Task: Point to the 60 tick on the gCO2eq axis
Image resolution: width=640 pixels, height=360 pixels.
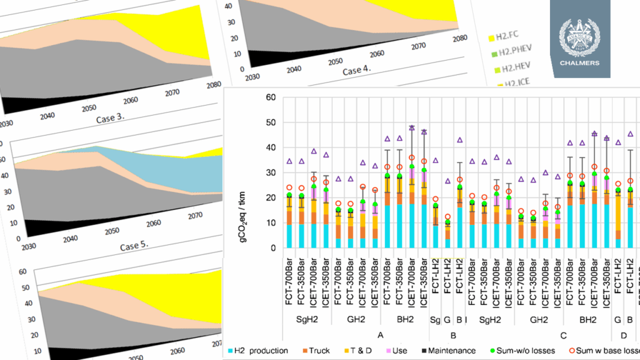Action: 271,97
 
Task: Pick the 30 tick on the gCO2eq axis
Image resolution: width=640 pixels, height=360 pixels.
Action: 271,173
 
